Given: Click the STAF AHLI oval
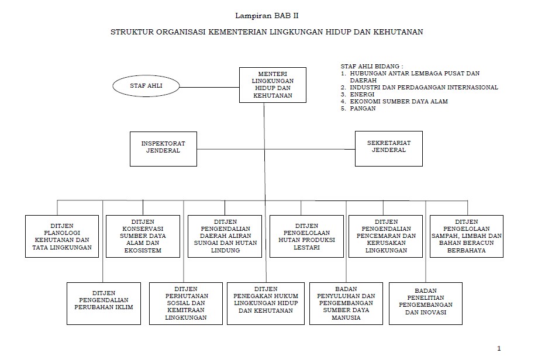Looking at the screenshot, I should [x=146, y=85].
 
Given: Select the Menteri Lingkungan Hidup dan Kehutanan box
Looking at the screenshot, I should [x=273, y=85].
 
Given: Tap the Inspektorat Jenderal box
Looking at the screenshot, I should [x=163, y=148].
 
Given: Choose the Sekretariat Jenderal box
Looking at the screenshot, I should [x=389, y=148].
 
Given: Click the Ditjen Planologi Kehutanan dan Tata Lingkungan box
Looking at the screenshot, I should [x=62, y=236].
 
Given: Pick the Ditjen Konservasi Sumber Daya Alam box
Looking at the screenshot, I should [x=143, y=236].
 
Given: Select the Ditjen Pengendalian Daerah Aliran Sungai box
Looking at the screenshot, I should [x=224, y=236].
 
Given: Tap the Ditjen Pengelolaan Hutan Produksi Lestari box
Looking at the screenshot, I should [x=306, y=236].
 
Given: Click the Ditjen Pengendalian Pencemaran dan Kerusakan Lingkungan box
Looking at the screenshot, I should [x=386, y=236].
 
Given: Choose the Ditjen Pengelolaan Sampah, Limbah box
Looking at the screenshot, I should [x=466, y=236].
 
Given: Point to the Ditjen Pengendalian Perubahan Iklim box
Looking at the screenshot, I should [x=104, y=303].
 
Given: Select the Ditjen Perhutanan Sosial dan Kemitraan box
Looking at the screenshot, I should [x=186, y=303].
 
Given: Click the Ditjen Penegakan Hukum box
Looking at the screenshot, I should [x=266, y=303].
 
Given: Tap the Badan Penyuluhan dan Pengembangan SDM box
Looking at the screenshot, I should [x=346, y=303].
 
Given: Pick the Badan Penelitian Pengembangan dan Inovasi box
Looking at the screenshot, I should [x=425, y=303].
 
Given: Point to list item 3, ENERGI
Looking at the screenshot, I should [x=362, y=94].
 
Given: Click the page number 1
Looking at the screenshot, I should [x=499, y=348].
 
